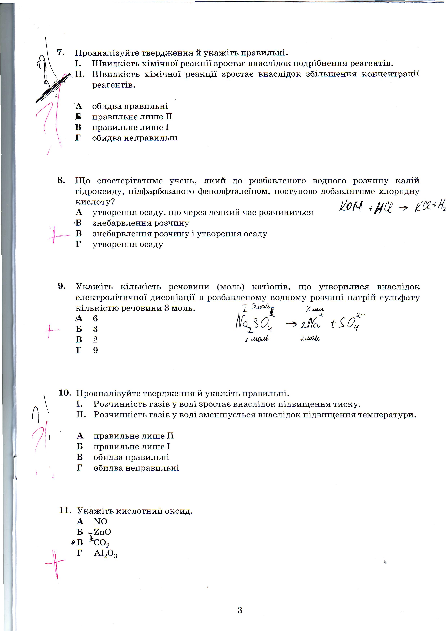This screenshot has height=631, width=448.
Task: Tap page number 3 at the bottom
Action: coord(240,610)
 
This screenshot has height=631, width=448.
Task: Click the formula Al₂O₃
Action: coord(105,554)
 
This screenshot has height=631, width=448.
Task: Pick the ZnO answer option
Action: coord(102,532)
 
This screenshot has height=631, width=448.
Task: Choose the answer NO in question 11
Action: coord(100,521)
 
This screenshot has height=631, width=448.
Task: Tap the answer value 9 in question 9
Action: coord(95,350)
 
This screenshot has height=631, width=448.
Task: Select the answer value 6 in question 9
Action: coord(95,319)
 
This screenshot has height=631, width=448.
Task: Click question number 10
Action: coord(65,393)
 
